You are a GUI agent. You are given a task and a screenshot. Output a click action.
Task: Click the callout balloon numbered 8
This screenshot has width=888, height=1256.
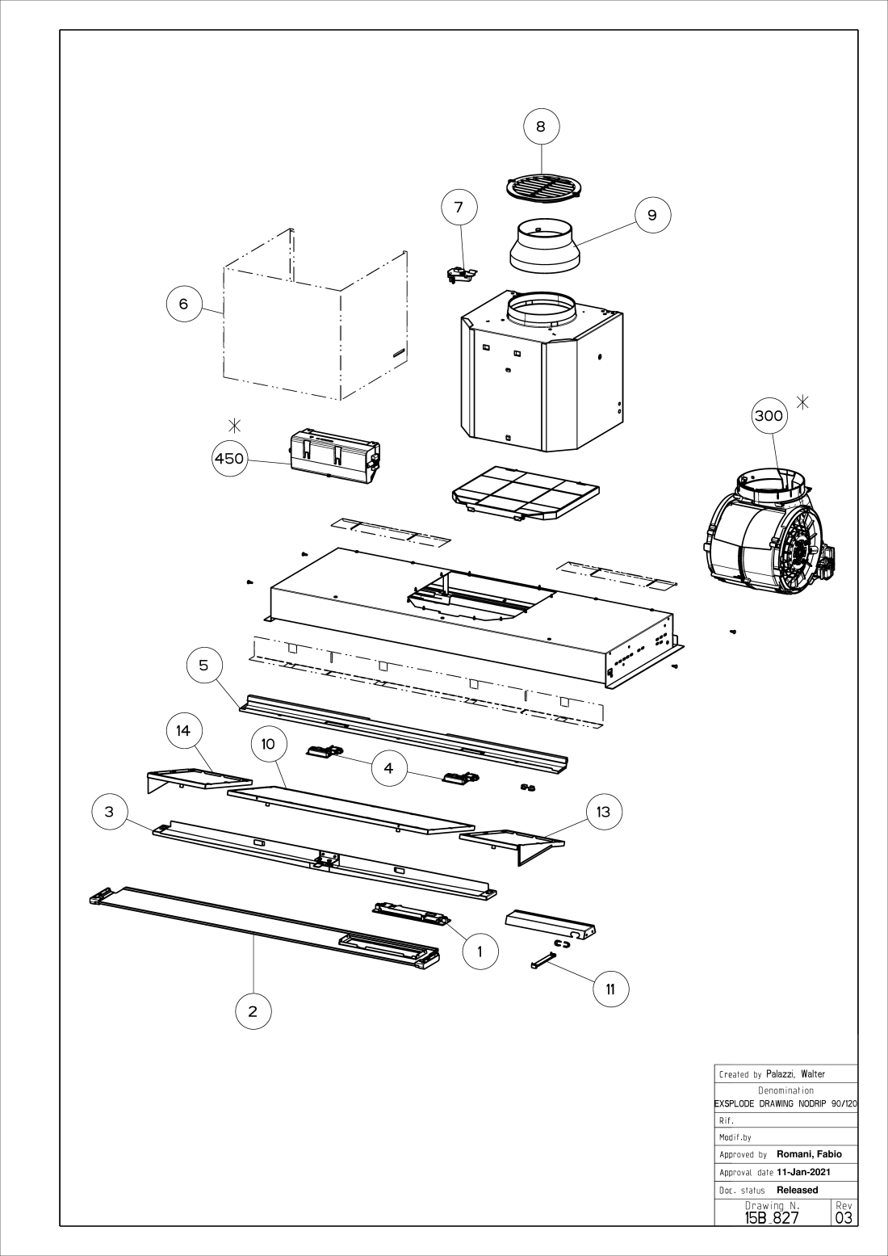pos(541,126)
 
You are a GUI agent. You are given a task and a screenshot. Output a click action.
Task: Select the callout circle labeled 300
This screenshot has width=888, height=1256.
pos(768,415)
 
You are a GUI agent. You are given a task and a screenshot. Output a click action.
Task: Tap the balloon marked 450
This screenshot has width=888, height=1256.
pos(228,459)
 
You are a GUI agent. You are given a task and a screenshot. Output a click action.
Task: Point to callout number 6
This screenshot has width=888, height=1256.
pos(183,304)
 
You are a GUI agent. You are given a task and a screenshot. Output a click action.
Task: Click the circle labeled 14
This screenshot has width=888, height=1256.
pos(183,730)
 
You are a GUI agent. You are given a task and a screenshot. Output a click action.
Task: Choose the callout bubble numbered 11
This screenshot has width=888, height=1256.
pos(611,989)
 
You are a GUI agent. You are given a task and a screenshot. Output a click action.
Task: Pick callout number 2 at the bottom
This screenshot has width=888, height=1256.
pos(253,1010)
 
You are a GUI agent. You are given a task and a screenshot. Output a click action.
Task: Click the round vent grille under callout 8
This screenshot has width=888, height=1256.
pos(542,188)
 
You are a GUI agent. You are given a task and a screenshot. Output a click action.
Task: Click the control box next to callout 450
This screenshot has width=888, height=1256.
pos(333,457)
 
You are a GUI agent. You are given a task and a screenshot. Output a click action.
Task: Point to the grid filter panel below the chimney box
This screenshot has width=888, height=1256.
pos(525,493)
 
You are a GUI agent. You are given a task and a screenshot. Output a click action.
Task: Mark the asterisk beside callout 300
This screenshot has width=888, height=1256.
pos(803,401)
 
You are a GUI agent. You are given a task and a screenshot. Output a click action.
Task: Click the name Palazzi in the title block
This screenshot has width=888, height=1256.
pos(781,1074)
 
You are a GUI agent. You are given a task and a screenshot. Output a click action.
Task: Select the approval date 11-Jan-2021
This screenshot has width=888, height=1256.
pos(803,1172)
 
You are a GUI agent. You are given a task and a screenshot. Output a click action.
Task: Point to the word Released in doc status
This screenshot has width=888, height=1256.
pos(797,1190)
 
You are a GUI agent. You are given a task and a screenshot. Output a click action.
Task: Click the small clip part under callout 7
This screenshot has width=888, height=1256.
pos(461,274)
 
